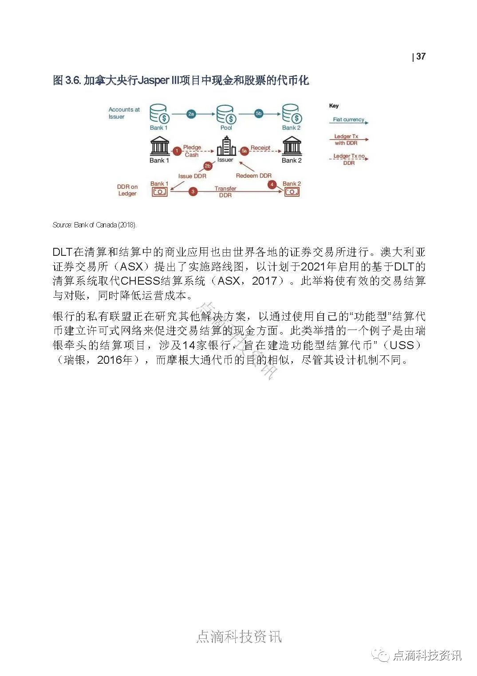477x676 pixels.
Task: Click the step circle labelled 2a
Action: (x=191, y=114)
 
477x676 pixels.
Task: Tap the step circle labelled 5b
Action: (x=259, y=114)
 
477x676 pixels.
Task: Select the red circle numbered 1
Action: (x=177, y=151)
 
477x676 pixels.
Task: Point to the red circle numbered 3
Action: (x=193, y=192)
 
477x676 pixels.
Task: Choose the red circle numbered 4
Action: (x=272, y=184)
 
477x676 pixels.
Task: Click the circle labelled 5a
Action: (x=244, y=151)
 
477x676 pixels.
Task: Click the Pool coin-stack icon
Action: (x=226, y=115)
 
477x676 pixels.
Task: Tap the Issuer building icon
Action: (x=226, y=146)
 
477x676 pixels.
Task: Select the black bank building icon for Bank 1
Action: (x=159, y=146)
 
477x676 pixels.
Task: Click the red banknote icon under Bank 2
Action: (x=292, y=192)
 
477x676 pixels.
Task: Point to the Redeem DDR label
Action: (x=253, y=175)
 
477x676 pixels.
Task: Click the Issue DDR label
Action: (x=192, y=176)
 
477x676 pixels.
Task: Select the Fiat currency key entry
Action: (x=349, y=119)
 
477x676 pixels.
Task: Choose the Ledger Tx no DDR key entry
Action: (x=349, y=159)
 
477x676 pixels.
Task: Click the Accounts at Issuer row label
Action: (x=124, y=113)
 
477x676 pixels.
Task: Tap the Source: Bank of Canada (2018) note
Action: (x=95, y=225)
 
